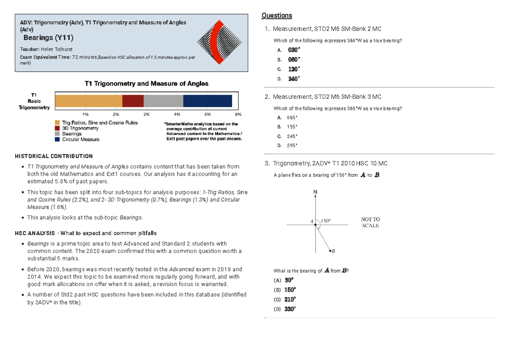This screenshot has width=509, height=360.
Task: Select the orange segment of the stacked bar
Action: coord(88,101)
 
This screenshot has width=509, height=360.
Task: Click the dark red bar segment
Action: coord(133,101)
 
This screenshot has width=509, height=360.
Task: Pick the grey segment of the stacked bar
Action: coord(163,101)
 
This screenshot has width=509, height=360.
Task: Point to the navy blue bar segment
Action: coord(207,101)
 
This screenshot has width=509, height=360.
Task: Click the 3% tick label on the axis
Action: coord(146,114)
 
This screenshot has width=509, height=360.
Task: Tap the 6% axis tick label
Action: coord(238,114)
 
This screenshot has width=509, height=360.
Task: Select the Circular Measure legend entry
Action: coord(81,140)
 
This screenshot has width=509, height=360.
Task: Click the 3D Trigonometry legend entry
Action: coord(80,128)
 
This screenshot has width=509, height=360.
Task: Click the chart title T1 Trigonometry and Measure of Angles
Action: coord(147,84)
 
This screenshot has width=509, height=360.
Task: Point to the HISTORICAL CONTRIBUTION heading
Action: coord(53,156)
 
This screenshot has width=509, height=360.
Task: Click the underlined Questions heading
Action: coord(277,16)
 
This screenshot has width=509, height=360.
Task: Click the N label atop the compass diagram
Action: coord(315,192)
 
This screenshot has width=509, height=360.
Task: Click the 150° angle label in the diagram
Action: coord(325,220)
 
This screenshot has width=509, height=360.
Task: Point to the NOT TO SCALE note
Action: coord(370,222)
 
